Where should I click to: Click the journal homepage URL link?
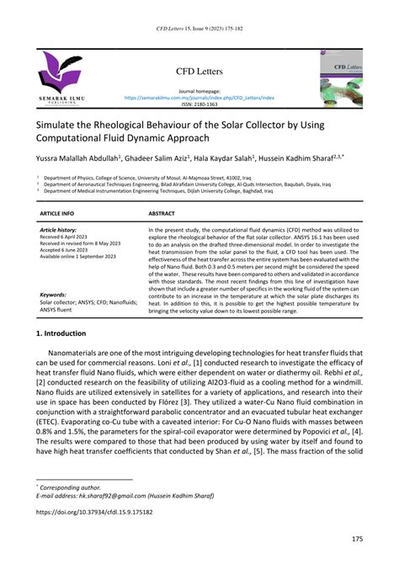click(199, 98)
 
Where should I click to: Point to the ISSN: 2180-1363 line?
click(199, 104)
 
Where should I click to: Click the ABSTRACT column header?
click(163, 215)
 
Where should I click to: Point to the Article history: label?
click(58, 230)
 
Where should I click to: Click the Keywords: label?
click(54, 295)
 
